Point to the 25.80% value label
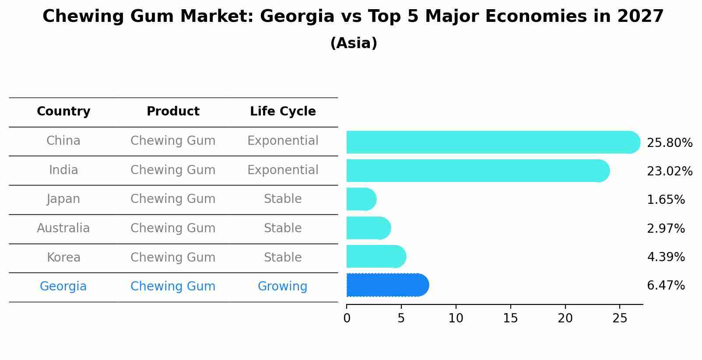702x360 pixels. coord(669,143)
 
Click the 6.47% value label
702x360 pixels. coord(666,286)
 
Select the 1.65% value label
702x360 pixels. coord(666,200)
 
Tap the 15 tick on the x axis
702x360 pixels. coord(510,318)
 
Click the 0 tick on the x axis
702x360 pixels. coord(347,318)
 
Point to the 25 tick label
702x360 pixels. coord(620,318)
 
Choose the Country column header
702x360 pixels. coord(63,112)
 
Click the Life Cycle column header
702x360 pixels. coord(283,112)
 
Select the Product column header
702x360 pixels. coord(173,112)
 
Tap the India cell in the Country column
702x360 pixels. coord(63,170)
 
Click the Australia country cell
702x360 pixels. coord(63,228)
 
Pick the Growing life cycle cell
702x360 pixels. coord(282,287)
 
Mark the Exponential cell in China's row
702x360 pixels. coord(283,141)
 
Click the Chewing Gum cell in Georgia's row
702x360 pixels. coord(173,287)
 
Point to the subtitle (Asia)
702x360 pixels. coord(354,43)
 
